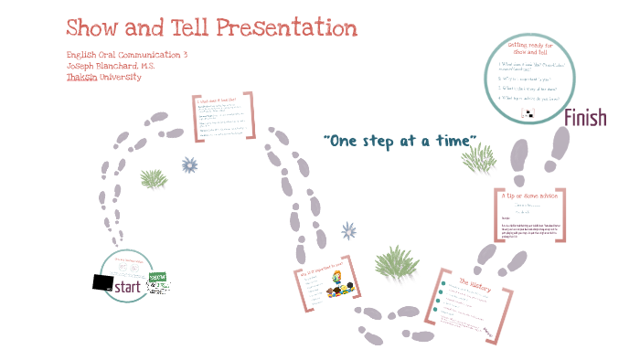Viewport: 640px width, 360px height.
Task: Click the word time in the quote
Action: coord(458,140)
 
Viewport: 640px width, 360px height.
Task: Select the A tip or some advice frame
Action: coord(529,216)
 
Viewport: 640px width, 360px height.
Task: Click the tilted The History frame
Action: coord(470,306)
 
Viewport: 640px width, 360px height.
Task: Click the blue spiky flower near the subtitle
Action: coord(190,164)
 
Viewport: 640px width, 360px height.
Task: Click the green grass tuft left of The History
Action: coord(396,262)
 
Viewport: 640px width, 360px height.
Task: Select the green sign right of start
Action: coord(159,283)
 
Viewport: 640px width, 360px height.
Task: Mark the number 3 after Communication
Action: coord(185,55)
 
